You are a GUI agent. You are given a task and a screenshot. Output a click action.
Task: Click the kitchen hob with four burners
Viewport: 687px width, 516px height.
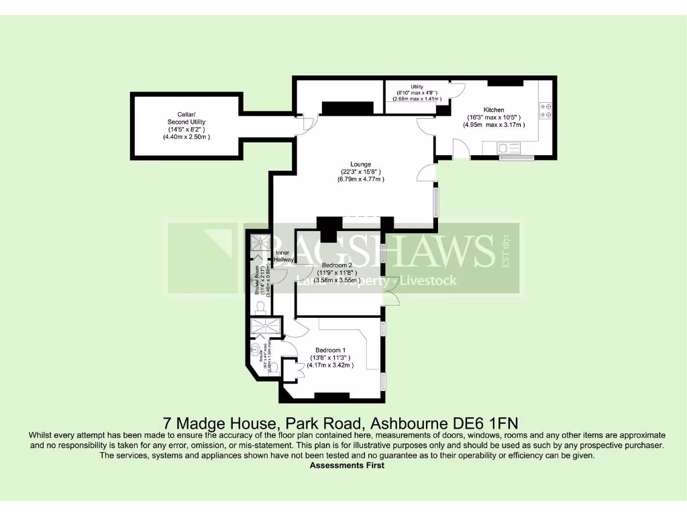point(545,110)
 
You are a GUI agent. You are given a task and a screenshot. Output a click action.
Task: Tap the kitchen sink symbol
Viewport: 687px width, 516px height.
point(504,146)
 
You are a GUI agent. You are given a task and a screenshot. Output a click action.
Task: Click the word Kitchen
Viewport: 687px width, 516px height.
point(494,110)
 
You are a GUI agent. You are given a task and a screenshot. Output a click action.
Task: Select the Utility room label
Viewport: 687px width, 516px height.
point(417,87)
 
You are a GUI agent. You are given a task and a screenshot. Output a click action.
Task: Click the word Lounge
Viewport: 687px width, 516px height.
point(360,164)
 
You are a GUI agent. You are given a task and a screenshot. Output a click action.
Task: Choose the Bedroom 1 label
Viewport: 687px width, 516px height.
point(330,350)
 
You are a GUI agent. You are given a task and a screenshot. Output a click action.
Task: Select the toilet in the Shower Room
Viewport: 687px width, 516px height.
point(260,306)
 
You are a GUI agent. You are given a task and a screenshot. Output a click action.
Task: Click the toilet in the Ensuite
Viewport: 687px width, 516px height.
point(272,367)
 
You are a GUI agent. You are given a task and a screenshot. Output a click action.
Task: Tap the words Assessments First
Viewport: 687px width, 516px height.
point(347,465)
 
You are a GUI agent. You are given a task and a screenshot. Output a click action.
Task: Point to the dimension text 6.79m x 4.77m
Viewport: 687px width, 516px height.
point(362,179)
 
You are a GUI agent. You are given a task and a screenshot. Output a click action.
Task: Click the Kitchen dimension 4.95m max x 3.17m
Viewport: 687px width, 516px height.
point(494,125)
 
